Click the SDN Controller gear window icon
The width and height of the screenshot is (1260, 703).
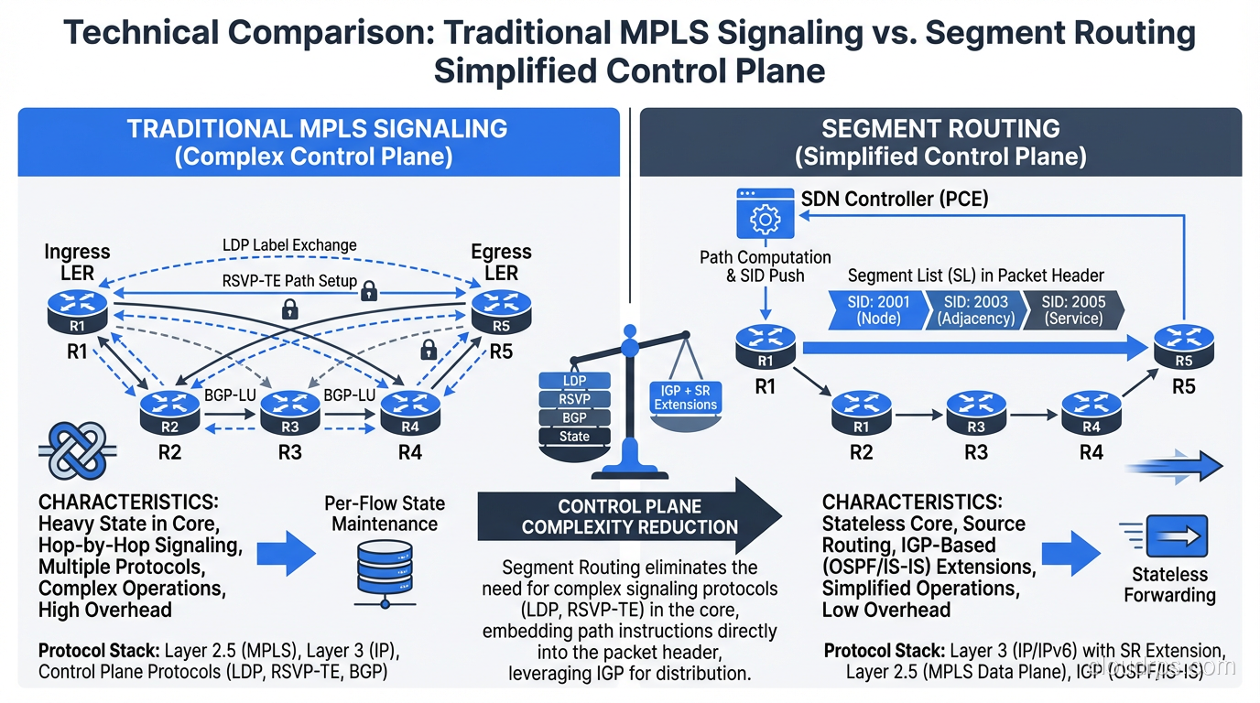click(765, 215)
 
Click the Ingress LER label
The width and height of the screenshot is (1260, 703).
click(78, 262)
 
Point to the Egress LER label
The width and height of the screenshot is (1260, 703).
click(501, 262)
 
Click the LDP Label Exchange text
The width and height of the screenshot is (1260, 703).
click(289, 245)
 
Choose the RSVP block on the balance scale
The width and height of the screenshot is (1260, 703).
click(574, 399)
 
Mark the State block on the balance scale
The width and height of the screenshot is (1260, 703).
click(574, 437)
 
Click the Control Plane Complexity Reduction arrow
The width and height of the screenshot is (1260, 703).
click(630, 517)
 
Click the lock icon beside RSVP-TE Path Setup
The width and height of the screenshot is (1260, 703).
click(369, 291)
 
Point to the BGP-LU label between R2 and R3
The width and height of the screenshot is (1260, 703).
click(229, 395)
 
